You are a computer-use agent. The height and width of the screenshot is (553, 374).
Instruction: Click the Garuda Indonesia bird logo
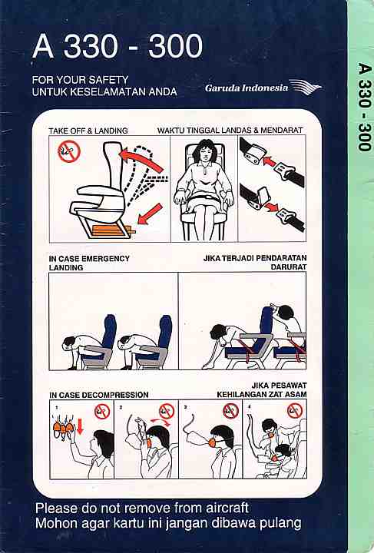[x=306, y=87]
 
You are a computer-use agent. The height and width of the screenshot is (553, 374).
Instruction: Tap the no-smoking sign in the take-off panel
[x=69, y=151]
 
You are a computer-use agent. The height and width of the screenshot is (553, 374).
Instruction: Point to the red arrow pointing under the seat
[x=150, y=214]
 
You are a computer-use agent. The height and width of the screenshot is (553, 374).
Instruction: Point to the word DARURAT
[x=288, y=267]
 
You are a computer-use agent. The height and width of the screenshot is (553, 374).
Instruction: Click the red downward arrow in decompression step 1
[x=80, y=427]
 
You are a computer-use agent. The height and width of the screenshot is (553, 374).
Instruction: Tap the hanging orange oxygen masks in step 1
[x=64, y=428]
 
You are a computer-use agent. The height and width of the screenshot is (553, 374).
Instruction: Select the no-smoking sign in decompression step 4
[x=295, y=411]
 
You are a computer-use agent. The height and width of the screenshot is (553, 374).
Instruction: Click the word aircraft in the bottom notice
[x=227, y=508]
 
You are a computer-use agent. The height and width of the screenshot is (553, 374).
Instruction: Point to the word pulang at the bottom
[x=280, y=523]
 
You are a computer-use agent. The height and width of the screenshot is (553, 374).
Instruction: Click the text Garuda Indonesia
[x=247, y=88]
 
